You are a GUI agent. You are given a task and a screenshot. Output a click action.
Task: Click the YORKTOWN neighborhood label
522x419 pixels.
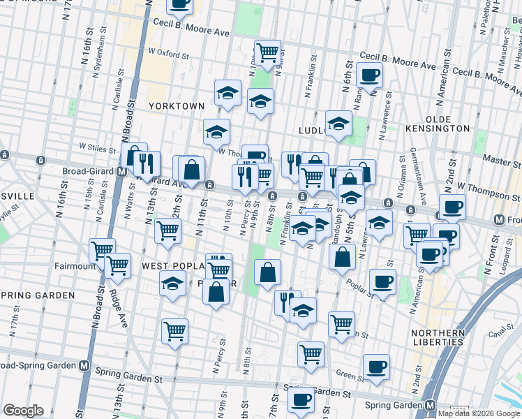pos(177,105)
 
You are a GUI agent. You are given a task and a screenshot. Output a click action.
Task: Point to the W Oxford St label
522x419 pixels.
pos(168,53)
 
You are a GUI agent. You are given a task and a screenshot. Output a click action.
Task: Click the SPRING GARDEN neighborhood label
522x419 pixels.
pos(37,295)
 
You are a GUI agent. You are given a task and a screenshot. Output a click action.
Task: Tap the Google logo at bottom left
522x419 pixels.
pos(24,411)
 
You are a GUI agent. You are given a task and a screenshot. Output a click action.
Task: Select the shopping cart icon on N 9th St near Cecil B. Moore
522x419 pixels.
pos(267,51)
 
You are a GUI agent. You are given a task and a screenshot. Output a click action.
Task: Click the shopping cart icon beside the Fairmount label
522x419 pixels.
pos(117,265)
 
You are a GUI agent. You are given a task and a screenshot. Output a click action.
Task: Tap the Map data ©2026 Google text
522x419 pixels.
pos(479,413)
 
